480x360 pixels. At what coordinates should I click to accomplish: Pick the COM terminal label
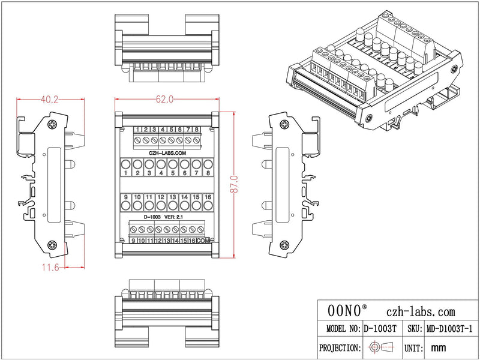pos(204,241)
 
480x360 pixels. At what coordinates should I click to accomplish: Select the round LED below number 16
pos(208,206)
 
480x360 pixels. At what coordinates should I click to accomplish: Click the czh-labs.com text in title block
pos(421,311)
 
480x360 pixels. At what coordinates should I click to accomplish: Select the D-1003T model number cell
pos(380,329)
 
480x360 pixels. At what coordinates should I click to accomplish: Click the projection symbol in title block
pos(380,347)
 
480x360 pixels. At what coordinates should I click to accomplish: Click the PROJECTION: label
pos(340,347)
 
